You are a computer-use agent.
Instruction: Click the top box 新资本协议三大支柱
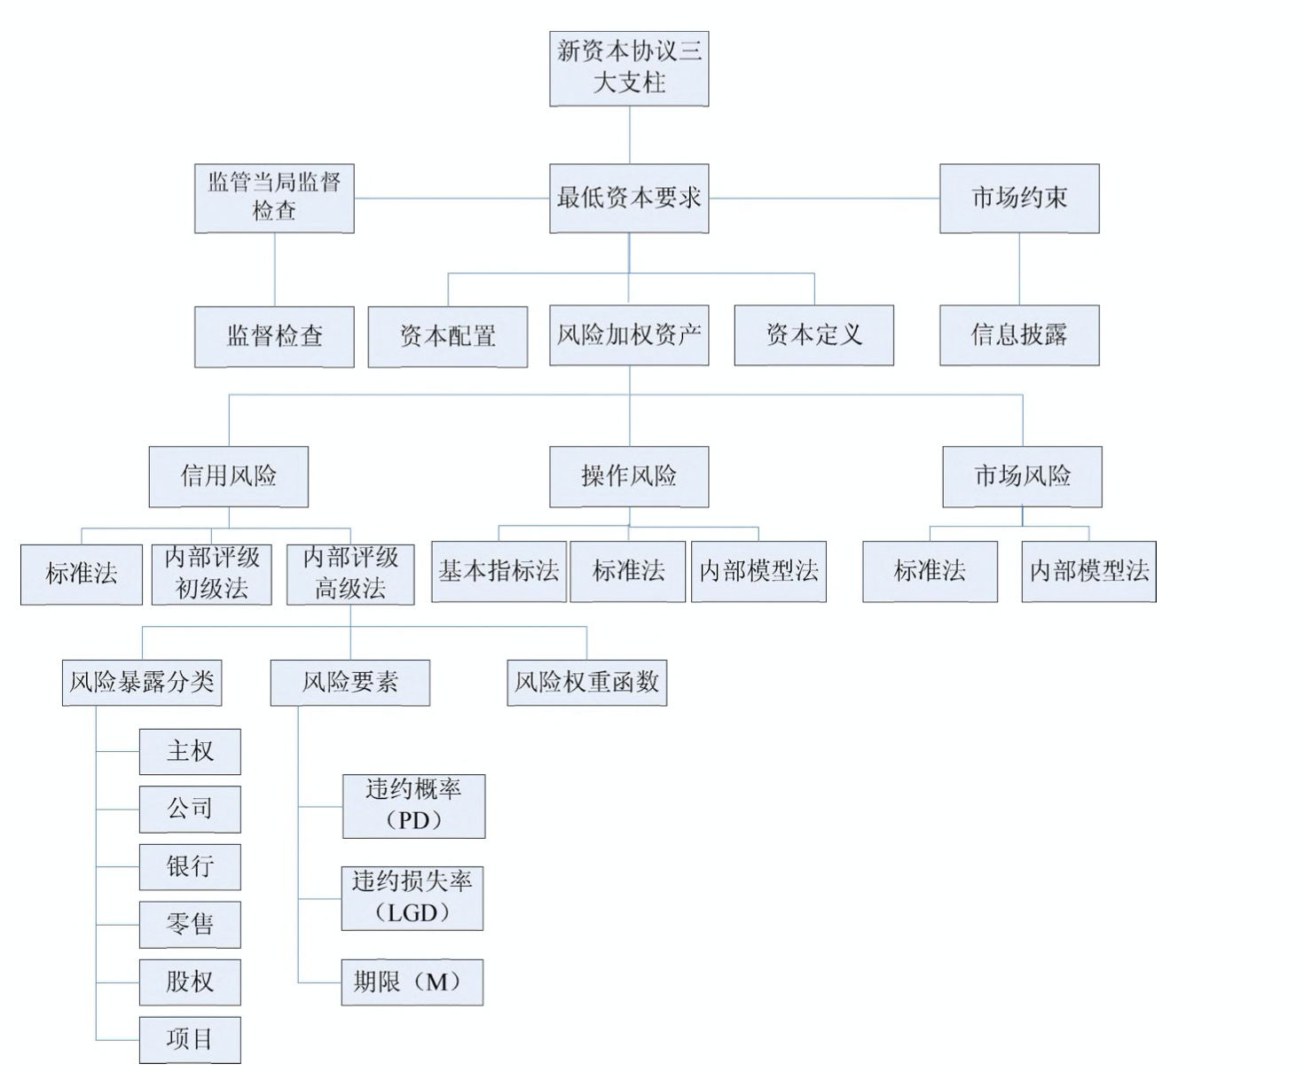(x=629, y=67)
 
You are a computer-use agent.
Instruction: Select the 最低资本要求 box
(x=629, y=198)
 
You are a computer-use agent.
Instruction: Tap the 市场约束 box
(x=1019, y=198)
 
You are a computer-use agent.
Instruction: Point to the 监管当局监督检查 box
(x=274, y=198)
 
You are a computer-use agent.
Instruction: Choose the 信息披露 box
(x=1019, y=335)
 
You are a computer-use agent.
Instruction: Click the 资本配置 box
(x=448, y=336)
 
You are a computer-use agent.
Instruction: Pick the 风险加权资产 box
(x=629, y=335)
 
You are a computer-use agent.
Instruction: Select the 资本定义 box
(x=813, y=335)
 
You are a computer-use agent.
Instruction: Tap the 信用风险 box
(x=228, y=476)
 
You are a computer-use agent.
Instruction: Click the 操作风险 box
(x=629, y=476)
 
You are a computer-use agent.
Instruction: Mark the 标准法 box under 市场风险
(x=930, y=571)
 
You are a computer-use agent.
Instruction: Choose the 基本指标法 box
(x=499, y=571)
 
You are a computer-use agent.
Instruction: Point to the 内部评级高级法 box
(x=350, y=574)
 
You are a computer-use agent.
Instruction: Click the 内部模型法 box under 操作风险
(x=758, y=571)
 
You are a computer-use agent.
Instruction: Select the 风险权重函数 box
(x=586, y=682)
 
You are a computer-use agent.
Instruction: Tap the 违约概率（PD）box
(x=413, y=805)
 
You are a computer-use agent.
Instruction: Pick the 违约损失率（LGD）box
(x=412, y=897)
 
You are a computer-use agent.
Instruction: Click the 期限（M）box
(x=412, y=982)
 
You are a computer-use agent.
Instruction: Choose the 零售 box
(x=190, y=924)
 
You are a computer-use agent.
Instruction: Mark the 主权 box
(x=190, y=751)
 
